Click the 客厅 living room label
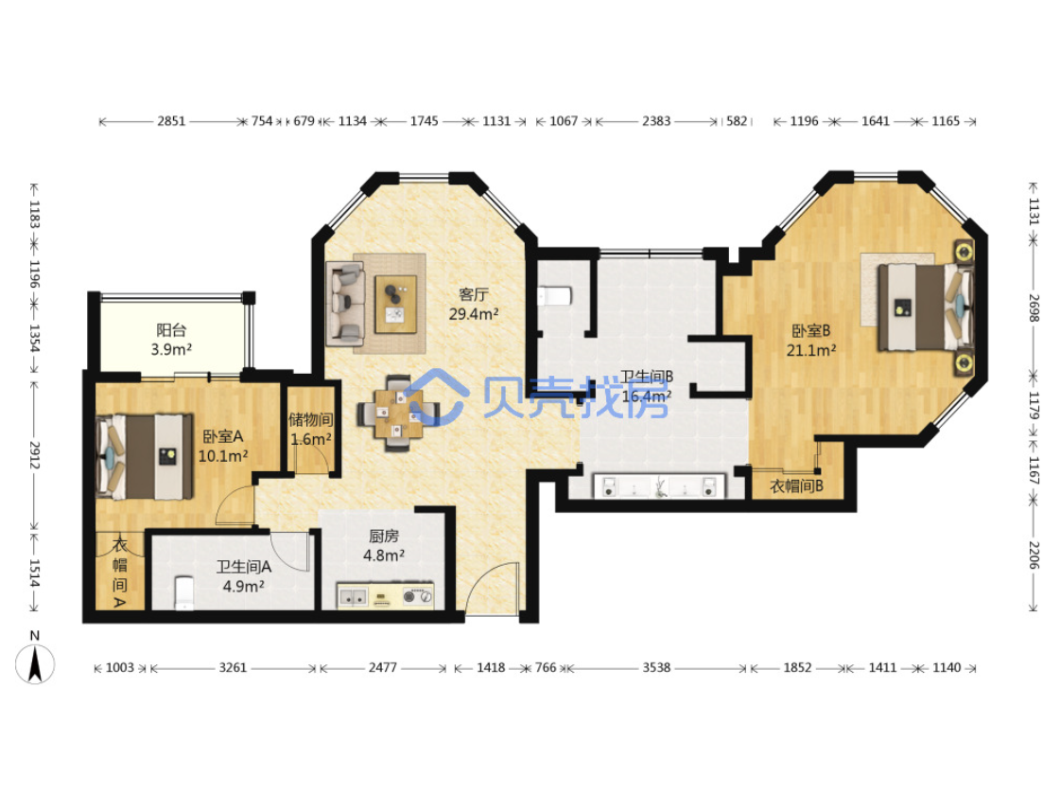tap(473, 294)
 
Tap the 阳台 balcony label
tap(171, 330)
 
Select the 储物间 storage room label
tap(311, 419)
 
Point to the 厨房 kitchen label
tap(383, 536)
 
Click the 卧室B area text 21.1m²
tap(811, 350)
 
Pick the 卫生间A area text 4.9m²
tap(243, 586)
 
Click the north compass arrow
tap(35, 663)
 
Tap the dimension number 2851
tap(171, 121)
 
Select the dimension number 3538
tap(656, 668)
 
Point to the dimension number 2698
tap(1034, 308)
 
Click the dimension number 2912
tap(34, 454)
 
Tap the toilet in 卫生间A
tap(183, 592)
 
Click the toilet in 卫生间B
tap(555, 295)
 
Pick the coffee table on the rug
tap(396, 305)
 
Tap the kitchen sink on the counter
tap(353, 597)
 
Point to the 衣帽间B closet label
tap(796, 485)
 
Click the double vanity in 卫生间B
tap(659, 486)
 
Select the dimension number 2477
tap(383, 668)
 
